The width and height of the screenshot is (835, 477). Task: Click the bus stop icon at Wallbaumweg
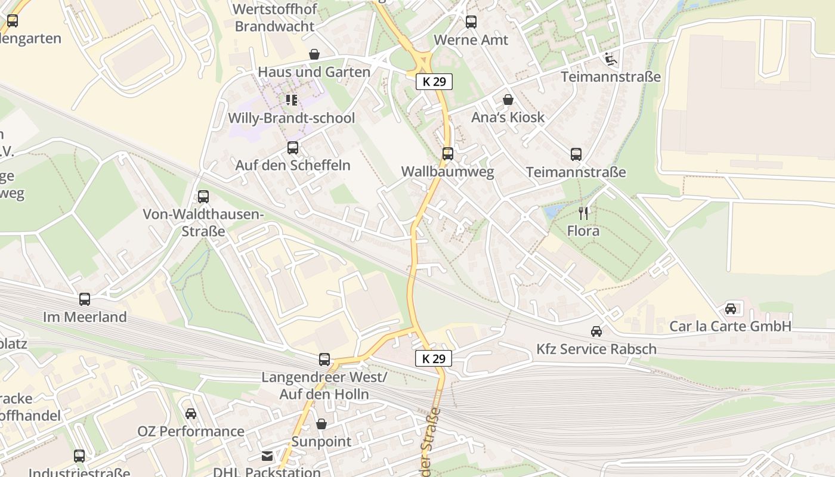[447, 154]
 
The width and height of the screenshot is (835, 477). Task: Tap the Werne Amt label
[471, 40]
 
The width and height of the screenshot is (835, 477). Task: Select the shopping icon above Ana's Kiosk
[508, 99]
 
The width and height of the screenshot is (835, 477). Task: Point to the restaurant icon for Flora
[583, 213]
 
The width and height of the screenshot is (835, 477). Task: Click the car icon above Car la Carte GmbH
[731, 308]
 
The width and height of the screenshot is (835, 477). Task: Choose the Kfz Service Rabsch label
[596, 349]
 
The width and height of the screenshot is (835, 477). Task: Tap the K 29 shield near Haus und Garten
[434, 82]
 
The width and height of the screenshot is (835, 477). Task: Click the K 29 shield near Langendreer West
[434, 358]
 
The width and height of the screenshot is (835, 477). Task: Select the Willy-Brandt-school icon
[291, 100]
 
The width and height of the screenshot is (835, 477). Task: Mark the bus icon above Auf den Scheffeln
[292, 147]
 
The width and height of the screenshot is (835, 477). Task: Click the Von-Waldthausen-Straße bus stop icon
[203, 196]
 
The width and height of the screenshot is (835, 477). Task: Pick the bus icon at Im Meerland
[85, 299]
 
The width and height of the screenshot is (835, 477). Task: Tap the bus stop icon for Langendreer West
[324, 360]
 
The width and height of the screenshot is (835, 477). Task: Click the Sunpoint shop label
[321, 442]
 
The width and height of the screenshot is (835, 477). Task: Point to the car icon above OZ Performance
[190, 413]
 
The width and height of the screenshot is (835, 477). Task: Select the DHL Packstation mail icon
[267, 456]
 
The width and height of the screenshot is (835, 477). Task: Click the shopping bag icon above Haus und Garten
[314, 54]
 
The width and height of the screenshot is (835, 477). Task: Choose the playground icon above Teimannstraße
[610, 58]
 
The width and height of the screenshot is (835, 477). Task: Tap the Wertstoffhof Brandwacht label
[274, 18]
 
